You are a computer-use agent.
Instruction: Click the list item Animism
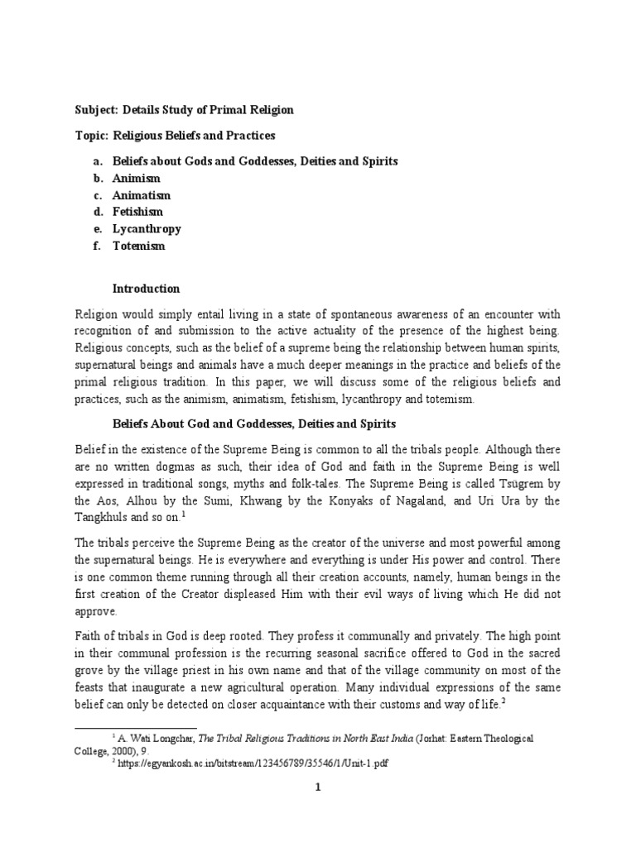[x=137, y=178]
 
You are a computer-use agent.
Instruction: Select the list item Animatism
[x=141, y=195]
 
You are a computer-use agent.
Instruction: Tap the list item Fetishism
[x=138, y=212]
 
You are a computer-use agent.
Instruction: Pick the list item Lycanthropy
[x=147, y=229]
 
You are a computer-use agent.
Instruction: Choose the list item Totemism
[x=139, y=246]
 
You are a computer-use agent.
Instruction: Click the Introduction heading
[x=147, y=289]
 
